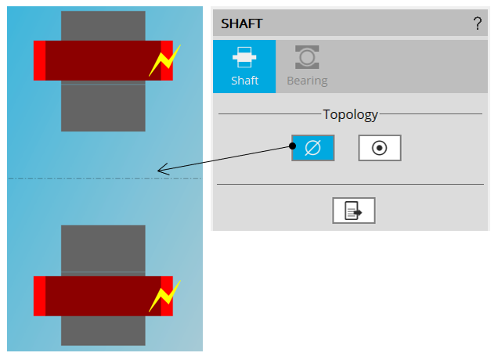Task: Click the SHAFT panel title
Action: (x=241, y=23)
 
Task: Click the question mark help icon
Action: (x=478, y=23)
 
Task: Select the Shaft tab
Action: (x=244, y=67)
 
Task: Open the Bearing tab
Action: (x=307, y=67)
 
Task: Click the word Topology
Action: (x=351, y=115)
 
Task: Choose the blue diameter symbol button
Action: (x=313, y=147)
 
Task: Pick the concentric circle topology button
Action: (x=380, y=147)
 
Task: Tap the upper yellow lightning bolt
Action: (x=164, y=60)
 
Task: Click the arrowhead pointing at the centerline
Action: (x=161, y=170)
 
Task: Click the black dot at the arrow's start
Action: (x=292, y=146)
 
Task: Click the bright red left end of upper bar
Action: (x=39, y=60)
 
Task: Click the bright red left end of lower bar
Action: (x=39, y=296)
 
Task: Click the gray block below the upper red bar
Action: (x=103, y=106)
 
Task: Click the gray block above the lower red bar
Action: (x=103, y=249)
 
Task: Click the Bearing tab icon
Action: (x=307, y=57)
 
